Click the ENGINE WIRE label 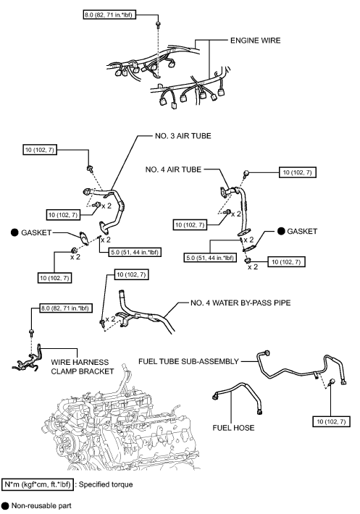click(256, 41)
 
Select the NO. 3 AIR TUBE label click(183, 136)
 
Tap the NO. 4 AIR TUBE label click(173, 169)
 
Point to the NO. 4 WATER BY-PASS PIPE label click(240, 303)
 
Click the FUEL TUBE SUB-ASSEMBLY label click(188, 361)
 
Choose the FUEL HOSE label click(233, 428)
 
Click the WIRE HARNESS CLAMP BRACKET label click(83, 367)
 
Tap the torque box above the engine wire click(109, 14)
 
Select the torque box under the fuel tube click(331, 421)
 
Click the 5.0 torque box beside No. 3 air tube click(135, 252)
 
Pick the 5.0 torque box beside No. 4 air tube click(210, 258)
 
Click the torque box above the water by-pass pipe click(131, 274)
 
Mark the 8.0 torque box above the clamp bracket click(64, 308)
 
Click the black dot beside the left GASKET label click(14, 232)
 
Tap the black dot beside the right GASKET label click(281, 231)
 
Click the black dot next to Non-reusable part click(5, 505)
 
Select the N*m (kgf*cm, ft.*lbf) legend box click(37, 484)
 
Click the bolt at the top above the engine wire click(158, 25)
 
